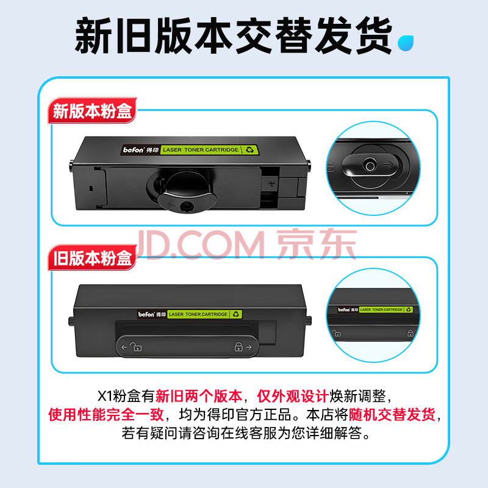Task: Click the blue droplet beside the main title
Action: tap(405, 43)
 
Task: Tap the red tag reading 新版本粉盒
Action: tap(93, 110)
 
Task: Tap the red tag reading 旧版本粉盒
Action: tap(93, 257)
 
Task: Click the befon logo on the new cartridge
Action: tap(134, 150)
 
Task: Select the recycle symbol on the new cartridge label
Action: tap(249, 149)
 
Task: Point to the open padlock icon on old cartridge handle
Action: tap(135, 346)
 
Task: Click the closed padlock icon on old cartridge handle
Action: tap(239, 346)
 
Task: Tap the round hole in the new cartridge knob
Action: tap(187, 206)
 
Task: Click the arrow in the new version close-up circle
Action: tap(388, 164)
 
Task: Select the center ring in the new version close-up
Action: tap(370, 165)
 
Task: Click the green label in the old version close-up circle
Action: tap(386, 310)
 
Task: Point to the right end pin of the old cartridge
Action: tap(309, 321)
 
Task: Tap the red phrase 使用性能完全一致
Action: tap(106, 414)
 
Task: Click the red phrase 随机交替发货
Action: tap(392, 414)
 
